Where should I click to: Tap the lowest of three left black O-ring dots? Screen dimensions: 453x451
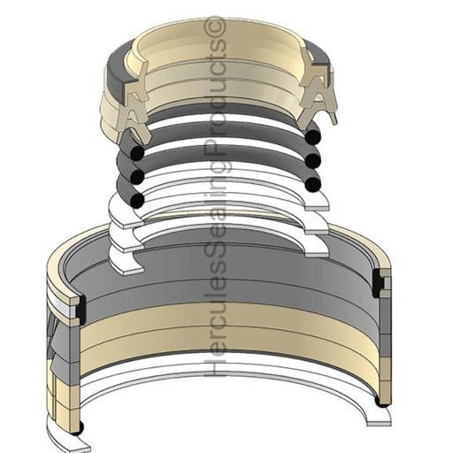point(139,200)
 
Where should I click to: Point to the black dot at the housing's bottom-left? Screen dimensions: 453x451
point(79,427)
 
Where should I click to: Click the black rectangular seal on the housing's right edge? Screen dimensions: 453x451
point(382,283)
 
